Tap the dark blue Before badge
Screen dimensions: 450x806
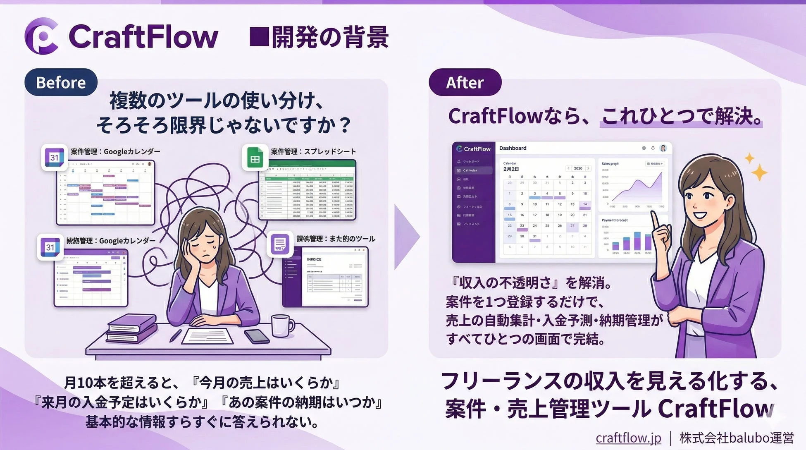tap(61, 82)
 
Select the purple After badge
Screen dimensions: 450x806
tap(465, 82)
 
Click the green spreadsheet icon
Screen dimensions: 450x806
tap(255, 158)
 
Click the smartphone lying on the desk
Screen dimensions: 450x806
tap(257, 336)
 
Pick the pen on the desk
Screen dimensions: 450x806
tap(176, 335)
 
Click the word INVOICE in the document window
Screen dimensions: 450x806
tap(314, 259)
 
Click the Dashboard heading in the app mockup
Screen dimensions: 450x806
tap(513, 148)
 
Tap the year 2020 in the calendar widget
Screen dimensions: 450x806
tap(578, 168)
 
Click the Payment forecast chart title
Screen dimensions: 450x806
tap(614, 220)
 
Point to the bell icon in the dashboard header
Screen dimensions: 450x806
tap(653, 148)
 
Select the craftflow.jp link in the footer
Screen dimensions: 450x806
tap(628, 438)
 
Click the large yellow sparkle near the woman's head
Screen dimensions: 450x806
tap(759, 172)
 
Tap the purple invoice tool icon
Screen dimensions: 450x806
tap(280, 244)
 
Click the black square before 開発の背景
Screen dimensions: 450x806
tap(259, 37)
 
